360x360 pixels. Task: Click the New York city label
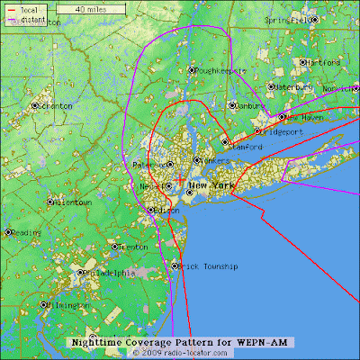pos(210,184)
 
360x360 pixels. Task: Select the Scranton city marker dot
pos(36,105)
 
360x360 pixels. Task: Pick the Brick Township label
pos(208,266)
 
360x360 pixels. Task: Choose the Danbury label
pos(251,105)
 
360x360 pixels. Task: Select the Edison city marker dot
pos(150,211)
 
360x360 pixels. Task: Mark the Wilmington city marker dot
pos(44,304)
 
